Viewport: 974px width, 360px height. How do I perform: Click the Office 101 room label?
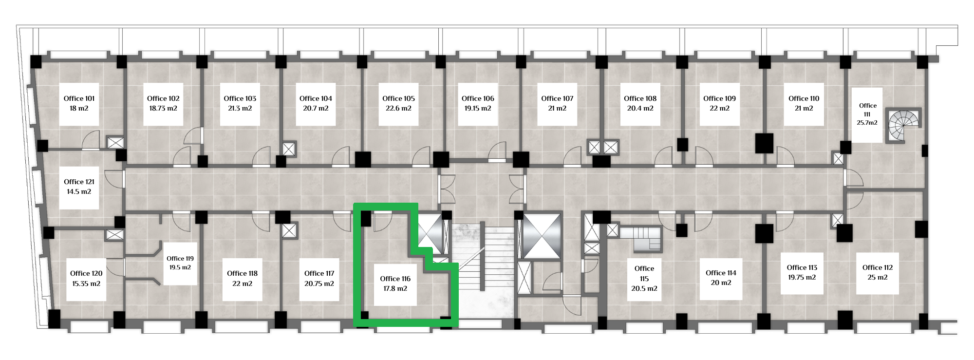79,98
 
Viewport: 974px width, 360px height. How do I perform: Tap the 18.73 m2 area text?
163,109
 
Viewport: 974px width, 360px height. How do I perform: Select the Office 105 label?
398,98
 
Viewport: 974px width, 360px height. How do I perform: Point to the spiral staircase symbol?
904,126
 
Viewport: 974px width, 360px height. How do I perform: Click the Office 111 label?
867,110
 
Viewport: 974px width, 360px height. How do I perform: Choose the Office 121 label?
79,182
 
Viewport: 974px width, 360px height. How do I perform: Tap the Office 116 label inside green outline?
395,279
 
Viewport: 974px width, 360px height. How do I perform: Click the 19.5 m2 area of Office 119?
180,267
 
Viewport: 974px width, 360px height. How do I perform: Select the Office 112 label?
878,267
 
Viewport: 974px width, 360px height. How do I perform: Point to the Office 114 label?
721,273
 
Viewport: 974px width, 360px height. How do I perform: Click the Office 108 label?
640,98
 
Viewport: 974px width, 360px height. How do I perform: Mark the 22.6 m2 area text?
398,109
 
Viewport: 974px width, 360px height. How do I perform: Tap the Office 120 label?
86,273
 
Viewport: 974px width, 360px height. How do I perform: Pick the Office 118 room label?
242,273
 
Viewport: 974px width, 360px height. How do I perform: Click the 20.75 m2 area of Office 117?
319,284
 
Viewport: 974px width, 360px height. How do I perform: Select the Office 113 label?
802,267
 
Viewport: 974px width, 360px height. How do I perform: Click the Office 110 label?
804,98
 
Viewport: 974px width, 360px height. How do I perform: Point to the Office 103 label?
240,98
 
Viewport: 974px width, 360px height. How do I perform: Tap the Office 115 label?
644,274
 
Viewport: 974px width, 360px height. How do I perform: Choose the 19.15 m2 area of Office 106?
478,109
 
